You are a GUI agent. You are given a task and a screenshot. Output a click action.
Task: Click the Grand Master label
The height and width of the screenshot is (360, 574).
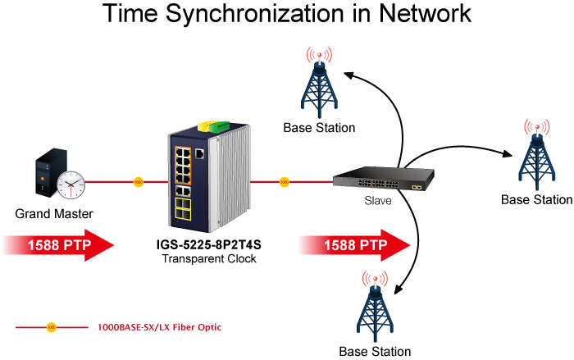pyautogui.click(x=54, y=213)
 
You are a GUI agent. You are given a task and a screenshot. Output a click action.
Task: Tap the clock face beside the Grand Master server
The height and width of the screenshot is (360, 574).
pyautogui.click(x=71, y=185)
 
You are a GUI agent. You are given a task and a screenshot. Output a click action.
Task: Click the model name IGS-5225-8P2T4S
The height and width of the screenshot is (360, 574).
pyautogui.click(x=208, y=244)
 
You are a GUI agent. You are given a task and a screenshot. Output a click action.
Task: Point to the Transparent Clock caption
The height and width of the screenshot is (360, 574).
pyautogui.click(x=209, y=258)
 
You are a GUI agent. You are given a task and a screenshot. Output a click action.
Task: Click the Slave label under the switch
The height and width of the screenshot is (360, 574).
pyautogui.click(x=378, y=201)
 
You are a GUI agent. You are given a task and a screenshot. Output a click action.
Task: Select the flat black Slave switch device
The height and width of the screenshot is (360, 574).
pyautogui.click(x=383, y=178)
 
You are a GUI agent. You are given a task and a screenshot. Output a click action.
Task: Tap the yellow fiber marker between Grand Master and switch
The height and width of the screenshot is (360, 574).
pyautogui.click(x=138, y=182)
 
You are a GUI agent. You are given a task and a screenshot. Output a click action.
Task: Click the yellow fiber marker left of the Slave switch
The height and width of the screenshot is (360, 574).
pyautogui.click(x=284, y=182)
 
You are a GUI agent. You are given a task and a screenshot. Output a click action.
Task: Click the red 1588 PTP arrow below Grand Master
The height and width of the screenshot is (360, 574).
pyautogui.click(x=58, y=245)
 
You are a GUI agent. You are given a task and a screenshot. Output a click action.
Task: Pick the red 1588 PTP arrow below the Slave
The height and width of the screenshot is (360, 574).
pyautogui.click(x=355, y=245)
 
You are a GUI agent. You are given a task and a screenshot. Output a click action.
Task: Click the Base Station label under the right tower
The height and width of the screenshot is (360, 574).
pyautogui.click(x=536, y=199)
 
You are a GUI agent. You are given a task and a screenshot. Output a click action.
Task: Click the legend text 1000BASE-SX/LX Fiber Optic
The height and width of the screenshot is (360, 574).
pyautogui.click(x=160, y=327)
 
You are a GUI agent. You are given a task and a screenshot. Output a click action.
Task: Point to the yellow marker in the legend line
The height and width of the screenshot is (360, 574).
pyautogui.click(x=52, y=327)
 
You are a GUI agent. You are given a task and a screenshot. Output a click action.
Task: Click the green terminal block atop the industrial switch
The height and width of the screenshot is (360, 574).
pyautogui.click(x=219, y=126)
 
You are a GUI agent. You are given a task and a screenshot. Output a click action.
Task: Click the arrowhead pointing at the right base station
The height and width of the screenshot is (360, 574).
pyautogui.click(x=508, y=154)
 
